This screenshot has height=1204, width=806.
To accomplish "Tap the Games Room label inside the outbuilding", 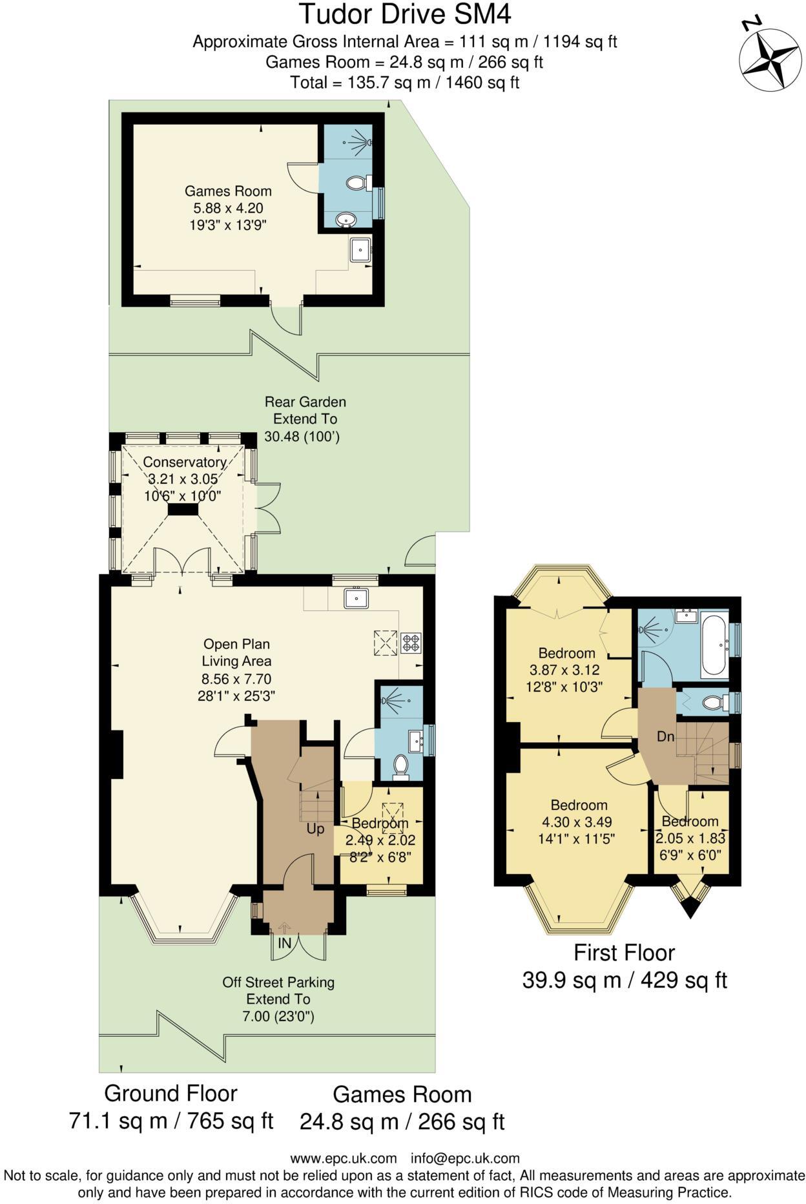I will (228, 191).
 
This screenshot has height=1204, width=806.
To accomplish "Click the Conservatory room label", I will (184, 462).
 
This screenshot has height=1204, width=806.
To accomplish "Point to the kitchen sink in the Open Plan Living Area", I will (356, 599).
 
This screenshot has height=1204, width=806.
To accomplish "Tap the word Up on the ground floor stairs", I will (315, 829).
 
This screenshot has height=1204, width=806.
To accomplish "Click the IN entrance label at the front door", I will (285, 943).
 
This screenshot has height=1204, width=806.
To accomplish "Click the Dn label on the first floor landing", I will (666, 736).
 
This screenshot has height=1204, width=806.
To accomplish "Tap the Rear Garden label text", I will (305, 402).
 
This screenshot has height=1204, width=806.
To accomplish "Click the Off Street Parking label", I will (278, 982).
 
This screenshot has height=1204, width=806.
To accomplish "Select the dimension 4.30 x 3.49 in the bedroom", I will (579, 822).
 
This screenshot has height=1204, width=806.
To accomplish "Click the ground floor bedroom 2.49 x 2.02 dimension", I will (380, 840).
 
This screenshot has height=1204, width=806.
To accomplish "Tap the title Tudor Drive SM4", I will (406, 14).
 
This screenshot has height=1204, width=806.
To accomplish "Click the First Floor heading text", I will (624, 953).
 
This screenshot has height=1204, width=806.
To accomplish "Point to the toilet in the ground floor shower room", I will (400, 766).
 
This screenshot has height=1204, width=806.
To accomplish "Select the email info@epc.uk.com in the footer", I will (465, 1158).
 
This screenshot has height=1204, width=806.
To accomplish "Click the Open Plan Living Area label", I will (236, 652).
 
